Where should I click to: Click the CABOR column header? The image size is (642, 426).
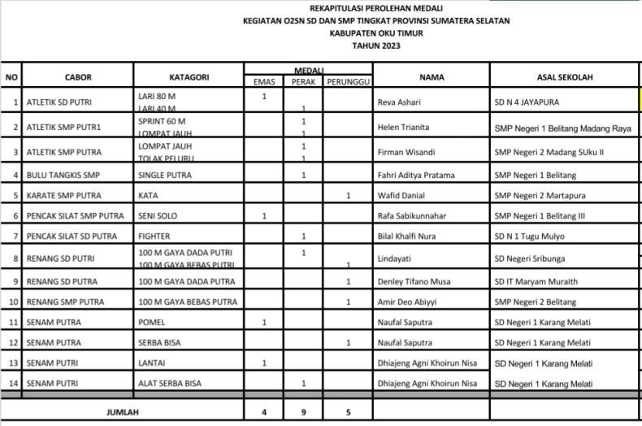point(78,76)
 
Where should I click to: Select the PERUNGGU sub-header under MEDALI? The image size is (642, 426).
point(348,82)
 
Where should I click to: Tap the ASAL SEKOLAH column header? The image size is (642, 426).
point(565,76)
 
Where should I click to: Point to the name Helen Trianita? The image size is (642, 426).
point(404,128)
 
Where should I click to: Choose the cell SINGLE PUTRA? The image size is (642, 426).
point(169,175)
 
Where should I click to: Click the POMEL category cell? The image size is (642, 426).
point(153,323)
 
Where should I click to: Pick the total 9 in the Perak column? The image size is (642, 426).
point(303,412)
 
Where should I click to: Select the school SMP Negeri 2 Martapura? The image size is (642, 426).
point(542,195)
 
